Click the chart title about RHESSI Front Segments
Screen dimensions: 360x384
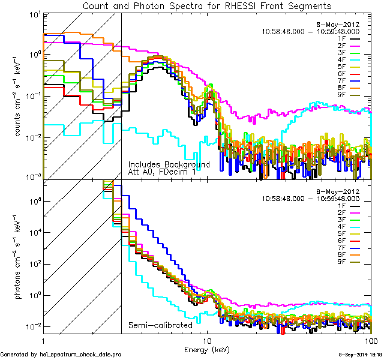tap(207, 6)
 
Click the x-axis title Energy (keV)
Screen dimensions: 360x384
tap(208, 348)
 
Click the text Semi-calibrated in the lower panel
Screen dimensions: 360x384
tap(160, 325)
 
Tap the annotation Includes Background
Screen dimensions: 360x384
tap(169, 164)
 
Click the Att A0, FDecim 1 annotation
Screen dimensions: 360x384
tap(162, 172)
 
